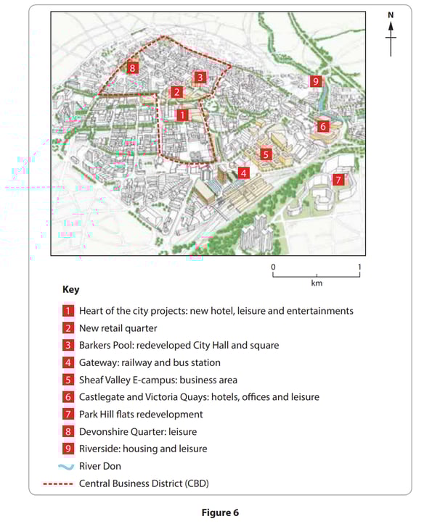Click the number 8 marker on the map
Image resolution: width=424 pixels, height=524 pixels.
[x=131, y=68]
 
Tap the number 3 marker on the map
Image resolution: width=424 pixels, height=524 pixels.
[x=200, y=76]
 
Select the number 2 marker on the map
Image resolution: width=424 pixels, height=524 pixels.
[x=176, y=92]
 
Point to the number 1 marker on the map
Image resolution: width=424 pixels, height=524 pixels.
[x=182, y=115]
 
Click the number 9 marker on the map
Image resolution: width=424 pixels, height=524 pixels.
[x=315, y=81]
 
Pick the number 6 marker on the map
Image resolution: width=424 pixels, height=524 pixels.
[x=324, y=126]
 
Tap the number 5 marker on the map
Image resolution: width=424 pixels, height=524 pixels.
[x=266, y=154]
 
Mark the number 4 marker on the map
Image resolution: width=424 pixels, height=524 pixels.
[x=244, y=173]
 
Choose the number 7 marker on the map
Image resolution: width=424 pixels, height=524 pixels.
[x=338, y=180]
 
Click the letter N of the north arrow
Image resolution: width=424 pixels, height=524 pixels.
[x=391, y=15]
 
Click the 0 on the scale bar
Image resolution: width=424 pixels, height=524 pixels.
[x=274, y=267]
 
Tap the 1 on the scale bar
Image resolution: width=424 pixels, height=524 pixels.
[x=359, y=267]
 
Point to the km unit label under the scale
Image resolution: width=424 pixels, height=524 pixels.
[x=317, y=283]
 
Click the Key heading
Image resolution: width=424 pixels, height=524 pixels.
[x=71, y=289]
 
